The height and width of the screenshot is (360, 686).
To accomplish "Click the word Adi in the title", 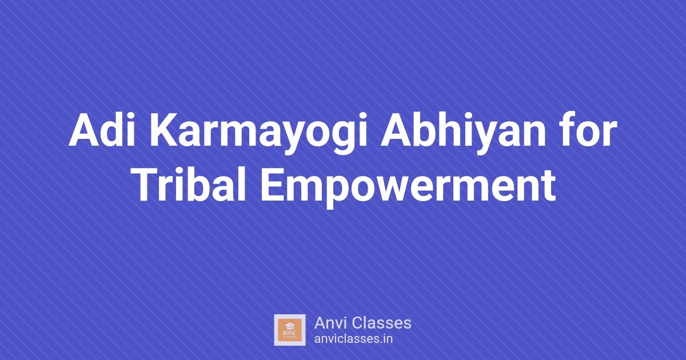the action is (x=102, y=130).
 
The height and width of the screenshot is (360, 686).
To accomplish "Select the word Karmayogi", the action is (x=258, y=134).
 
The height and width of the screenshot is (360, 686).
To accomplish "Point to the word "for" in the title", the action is (x=588, y=130).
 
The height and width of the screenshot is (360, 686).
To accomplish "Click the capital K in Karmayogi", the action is (x=164, y=130).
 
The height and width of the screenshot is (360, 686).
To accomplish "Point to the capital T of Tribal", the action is (x=149, y=185).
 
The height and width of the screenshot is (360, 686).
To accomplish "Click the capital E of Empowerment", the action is (x=273, y=185).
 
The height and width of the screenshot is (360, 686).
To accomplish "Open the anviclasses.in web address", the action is (x=353, y=339).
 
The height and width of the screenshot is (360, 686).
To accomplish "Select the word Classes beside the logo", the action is (x=381, y=323).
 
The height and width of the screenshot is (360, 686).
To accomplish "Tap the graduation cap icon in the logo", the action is (x=289, y=325).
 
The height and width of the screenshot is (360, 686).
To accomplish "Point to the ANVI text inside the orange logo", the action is (x=289, y=333).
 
